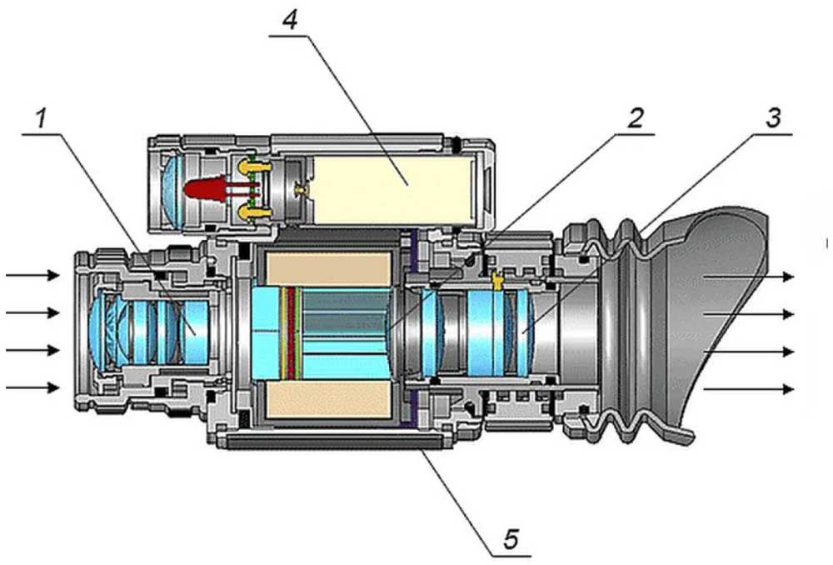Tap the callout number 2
(635, 117)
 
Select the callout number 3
(774, 117)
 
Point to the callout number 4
(290, 21)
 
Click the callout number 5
(511, 538)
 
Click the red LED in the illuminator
(202, 187)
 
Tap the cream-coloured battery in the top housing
(393, 190)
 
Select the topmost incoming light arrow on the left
(32, 275)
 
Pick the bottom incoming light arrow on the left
(32, 387)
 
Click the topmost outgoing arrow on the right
(749, 277)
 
